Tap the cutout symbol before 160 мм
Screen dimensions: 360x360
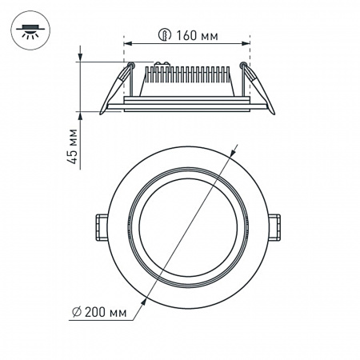pyautogui.click(x=163, y=35)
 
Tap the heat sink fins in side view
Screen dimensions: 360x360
pyautogui.click(x=187, y=78)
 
